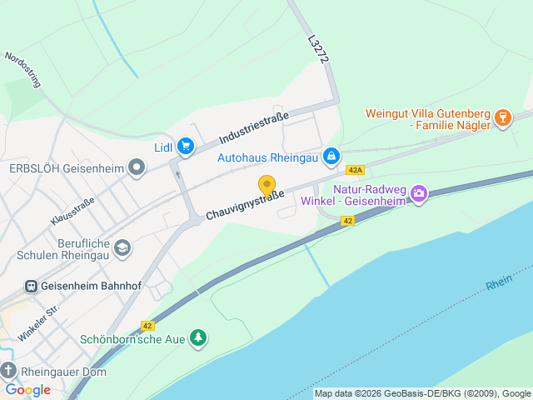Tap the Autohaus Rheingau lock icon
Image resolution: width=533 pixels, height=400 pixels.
click(x=331, y=156)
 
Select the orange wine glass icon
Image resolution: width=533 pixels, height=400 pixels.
click(x=501, y=117)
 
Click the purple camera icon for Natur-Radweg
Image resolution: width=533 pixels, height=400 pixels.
click(x=419, y=194)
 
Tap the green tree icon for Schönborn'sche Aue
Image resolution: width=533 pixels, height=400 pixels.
click(x=197, y=338)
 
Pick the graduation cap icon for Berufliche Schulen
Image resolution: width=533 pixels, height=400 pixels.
click(x=123, y=247)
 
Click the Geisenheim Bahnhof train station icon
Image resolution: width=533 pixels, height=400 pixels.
click(x=31, y=286)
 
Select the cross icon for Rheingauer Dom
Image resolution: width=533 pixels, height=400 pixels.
click(x=8, y=371)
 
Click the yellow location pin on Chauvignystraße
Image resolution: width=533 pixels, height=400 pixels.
click(x=266, y=185)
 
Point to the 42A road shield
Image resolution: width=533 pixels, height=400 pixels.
click(x=356, y=170)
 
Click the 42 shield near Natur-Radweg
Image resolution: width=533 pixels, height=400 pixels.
click(x=348, y=220)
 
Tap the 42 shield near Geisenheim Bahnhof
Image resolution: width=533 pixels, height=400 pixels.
click(x=147, y=326)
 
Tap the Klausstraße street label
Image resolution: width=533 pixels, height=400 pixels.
click(x=72, y=210)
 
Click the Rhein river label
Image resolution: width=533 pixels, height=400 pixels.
click(x=499, y=283)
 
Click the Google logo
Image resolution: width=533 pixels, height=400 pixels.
click(x=27, y=389)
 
